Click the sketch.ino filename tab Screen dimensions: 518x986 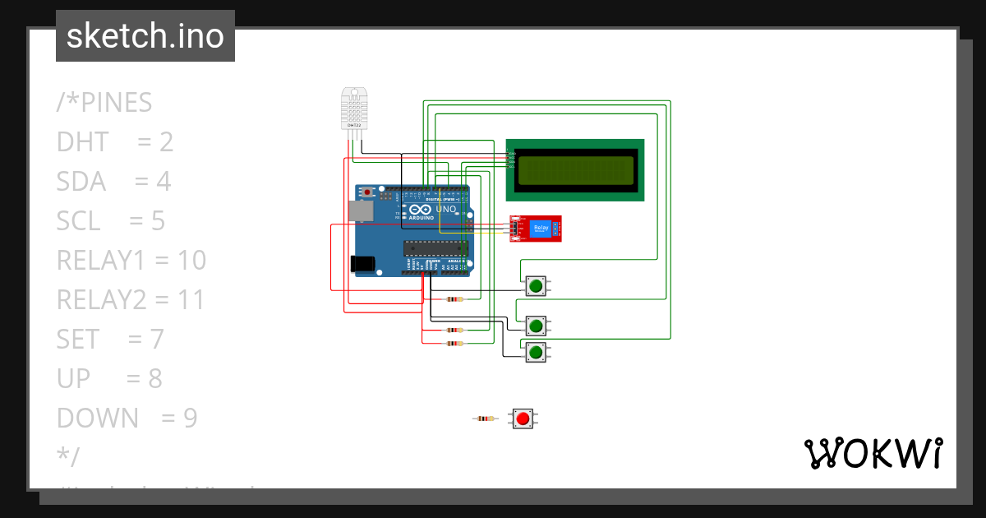coord(145,36)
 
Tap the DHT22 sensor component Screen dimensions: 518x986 coord(353,108)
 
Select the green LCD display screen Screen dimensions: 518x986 coord(574,169)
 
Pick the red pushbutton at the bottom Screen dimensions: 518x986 coord(523,419)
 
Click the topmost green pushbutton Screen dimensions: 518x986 coord(536,285)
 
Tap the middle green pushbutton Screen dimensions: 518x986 coord(536,326)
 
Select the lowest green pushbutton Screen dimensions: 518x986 coord(536,353)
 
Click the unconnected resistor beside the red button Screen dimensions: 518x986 coord(486,419)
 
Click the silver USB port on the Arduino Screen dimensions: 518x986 coord(360,210)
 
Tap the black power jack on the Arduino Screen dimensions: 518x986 coord(362,263)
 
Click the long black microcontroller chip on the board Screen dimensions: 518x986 coord(435,248)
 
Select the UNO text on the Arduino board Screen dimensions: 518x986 coord(445,210)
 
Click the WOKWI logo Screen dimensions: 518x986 coord(873,453)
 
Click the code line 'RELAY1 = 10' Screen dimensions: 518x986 coord(131,260)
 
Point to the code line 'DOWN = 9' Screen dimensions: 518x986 coord(127,418)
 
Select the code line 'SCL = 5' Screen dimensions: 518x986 coord(111,220)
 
